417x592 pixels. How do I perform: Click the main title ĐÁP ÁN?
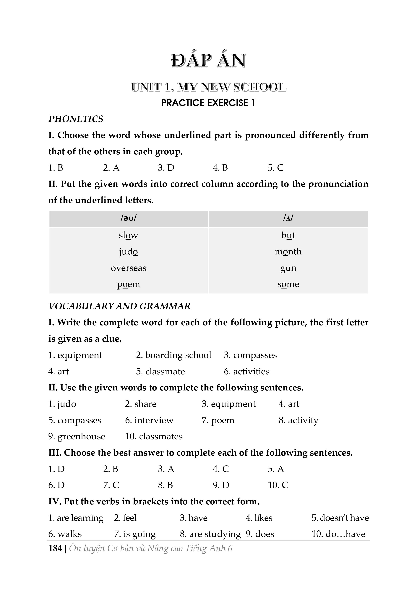[x=208, y=61]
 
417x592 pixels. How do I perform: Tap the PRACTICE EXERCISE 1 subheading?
[x=208, y=103]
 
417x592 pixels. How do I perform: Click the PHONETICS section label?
[x=76, y=119]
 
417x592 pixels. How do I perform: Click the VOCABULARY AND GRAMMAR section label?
[x=119, y=306]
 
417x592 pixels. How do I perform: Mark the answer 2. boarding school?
[x=173, y=355]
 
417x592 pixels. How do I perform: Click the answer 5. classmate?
[x=160, y=371]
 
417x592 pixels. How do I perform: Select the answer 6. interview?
[x=149, y=420]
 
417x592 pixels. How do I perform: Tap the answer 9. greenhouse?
[x=77, y=436]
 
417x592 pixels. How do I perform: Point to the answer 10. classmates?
[x=154, y=436]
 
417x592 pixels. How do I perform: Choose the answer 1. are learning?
[x=76, y=518]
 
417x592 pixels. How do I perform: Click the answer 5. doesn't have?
[x=340, y=518]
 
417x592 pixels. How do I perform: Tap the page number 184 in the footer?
[x=55, y=548]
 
